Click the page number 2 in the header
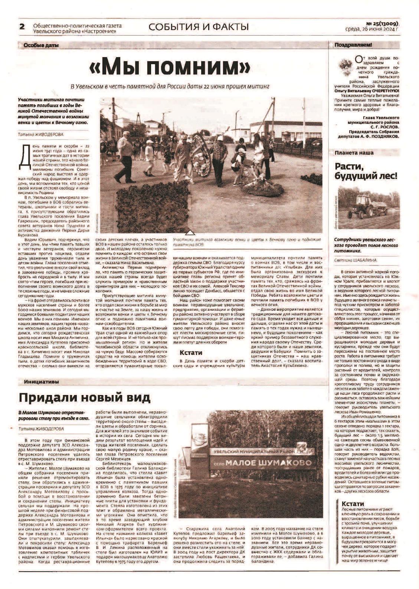tap(22, 27)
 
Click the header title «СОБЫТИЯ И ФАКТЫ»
tap(199, 27)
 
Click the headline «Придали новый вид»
tap(85, 398)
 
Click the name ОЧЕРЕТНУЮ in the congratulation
tap(383, 91)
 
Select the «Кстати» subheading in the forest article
tap(353, 504)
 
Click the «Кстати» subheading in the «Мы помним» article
tap(191, 353)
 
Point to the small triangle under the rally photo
tap(190, 233)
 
